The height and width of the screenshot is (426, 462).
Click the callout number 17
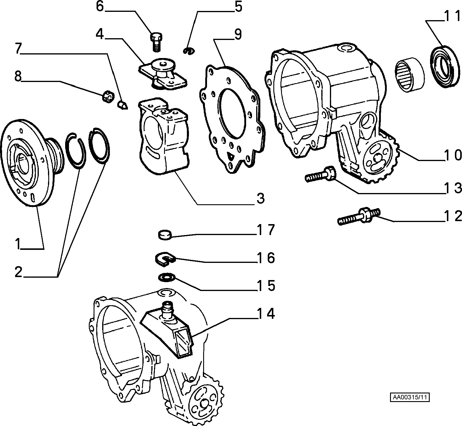pos(266,230)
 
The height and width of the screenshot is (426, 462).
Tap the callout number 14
pos(266,314)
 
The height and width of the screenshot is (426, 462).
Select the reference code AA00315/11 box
pos(410,397)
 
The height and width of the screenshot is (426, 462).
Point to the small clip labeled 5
pos(189,51)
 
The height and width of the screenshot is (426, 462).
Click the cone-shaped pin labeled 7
pos(122,105)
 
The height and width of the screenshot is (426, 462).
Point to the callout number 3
pos(260,198)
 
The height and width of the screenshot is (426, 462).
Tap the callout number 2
pos(19,271)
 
